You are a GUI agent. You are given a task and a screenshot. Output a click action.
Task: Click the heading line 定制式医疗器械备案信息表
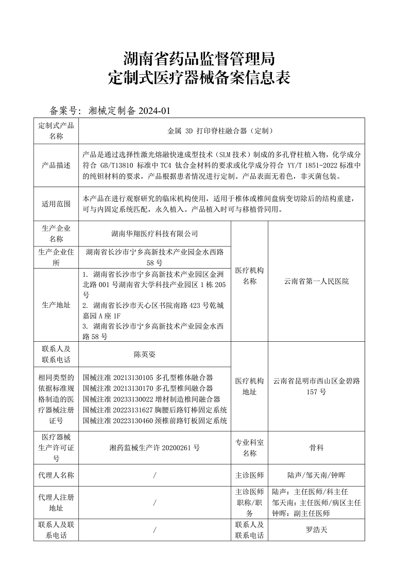point(200,78)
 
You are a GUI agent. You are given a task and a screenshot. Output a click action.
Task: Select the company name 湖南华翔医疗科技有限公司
point(154,234)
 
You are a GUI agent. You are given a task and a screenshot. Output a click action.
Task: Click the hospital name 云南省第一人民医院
point(316,281)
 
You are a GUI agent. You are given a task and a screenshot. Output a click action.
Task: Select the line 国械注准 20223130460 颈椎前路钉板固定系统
point(154,421)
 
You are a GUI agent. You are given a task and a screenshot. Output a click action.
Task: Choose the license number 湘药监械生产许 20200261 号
point(154,448)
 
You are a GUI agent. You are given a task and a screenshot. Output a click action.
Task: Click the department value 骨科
point(316,448)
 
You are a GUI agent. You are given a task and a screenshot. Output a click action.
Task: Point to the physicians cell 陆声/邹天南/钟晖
point(316,475)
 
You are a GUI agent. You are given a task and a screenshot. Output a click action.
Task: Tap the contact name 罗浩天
point(316,530)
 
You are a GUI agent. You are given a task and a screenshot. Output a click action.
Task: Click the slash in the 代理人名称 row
point(154,475)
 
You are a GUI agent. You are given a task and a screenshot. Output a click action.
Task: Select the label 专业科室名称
point(249,448)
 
